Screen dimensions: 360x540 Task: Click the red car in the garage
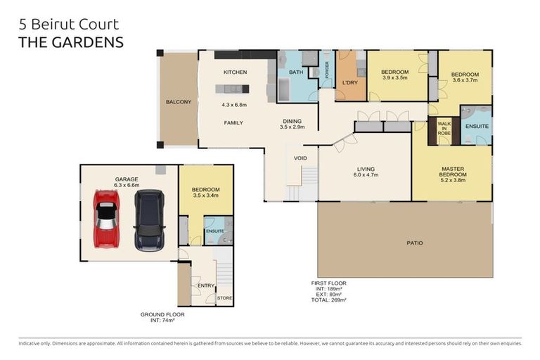(x=106, y=219)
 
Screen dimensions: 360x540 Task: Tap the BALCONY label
(x=178, y=102)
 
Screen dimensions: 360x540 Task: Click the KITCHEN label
(x=234, y=72)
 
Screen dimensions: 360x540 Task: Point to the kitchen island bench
(x=231, y=89)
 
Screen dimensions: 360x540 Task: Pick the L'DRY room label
(x=349, y=83)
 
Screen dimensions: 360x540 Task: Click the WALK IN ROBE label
(x=444, y=128)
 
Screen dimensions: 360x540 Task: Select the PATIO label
(x=414, y=243)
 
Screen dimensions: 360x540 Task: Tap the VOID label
(x=300, y=158)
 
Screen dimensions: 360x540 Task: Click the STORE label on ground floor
(x=224, y=298)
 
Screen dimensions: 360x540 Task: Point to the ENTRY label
(x=205, y=285)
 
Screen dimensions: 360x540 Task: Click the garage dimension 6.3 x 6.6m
(x=127, y=186)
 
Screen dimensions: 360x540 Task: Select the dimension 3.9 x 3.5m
(x=394, y=79)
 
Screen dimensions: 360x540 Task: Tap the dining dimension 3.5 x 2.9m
(x=292, y=127)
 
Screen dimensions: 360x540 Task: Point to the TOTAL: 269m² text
(x=329, y=300)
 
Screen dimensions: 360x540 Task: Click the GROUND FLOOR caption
(x=162, y=314)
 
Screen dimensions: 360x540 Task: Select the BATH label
(x=295, y=72)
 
